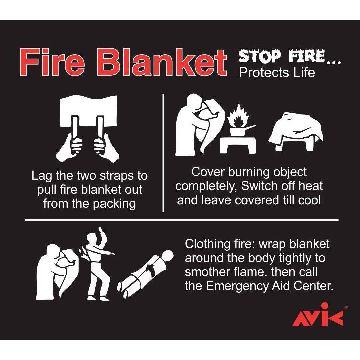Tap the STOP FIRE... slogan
tap(290, 56)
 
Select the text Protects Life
tap(277, 73)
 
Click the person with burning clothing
tap(97, 264)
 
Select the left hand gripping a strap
tap(70, 147)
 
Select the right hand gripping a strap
tap(106, 147)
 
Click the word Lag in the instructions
tap(42, 176)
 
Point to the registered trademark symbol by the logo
tap(346, 307)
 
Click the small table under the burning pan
tap(238, 145)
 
